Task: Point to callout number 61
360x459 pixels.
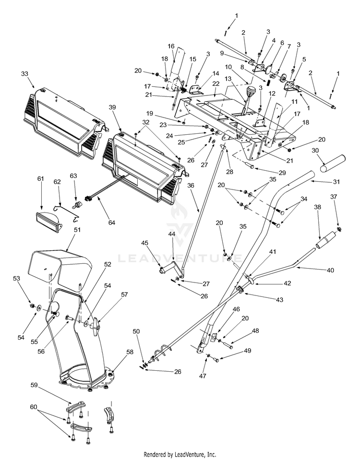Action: (x=40, y=178)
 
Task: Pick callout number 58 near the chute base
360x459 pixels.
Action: (x=116, y=352)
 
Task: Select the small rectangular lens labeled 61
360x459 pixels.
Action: (x=47, y=218)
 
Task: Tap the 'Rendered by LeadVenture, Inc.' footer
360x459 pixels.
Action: (x=180, y=454)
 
